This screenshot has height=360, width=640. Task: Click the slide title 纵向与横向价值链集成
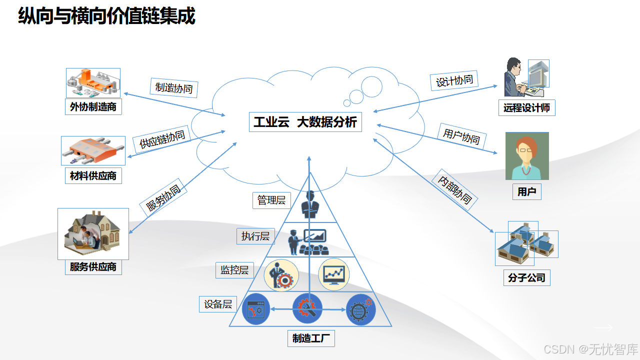coord(106,16)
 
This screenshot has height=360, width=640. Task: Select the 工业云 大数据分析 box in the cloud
coord(305,122)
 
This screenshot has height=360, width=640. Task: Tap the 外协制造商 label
coord(93,106)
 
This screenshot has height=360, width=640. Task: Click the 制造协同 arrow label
coord(173,87)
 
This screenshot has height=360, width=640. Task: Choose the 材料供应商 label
coord(93,175)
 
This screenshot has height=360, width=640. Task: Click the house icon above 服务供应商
coord(93,233)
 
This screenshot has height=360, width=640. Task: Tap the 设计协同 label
coord(454,80)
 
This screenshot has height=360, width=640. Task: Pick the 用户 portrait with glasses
coord(527,156)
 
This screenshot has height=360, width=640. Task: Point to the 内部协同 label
coord(455,189)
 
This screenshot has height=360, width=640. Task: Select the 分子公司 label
coord(526,277)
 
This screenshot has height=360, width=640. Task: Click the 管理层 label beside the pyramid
coord(271,200)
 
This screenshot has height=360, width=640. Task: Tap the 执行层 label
coord(255,236)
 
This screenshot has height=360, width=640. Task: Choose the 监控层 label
coord(234,270)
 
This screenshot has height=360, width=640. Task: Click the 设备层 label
coord(218,304)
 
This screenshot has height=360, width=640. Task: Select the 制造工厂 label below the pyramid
coord(310,338)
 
